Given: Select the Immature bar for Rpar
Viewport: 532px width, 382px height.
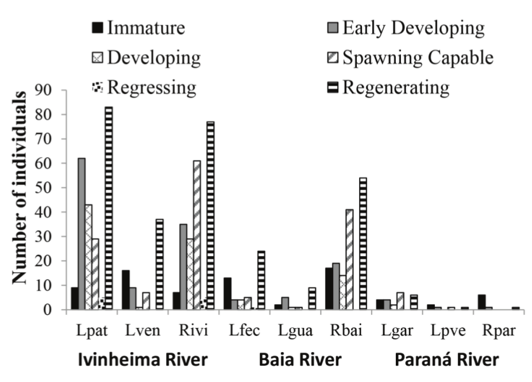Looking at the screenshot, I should point(481,302).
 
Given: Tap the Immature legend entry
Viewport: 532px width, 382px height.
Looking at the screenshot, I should point(138,28).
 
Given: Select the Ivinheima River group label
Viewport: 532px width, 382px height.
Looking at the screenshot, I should point(142,361).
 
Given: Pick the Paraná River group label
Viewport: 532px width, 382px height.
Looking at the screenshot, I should point(446,361).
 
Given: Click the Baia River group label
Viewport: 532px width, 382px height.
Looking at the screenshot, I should point(300,361).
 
